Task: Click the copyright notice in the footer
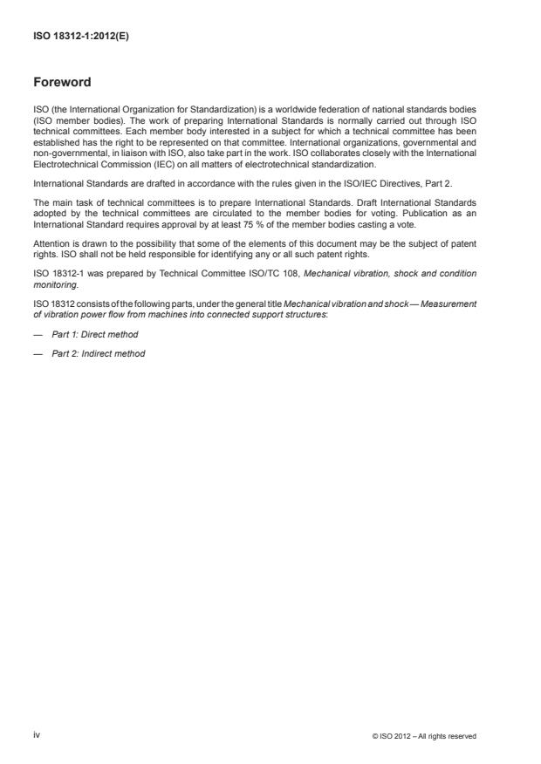coord(424,736)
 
